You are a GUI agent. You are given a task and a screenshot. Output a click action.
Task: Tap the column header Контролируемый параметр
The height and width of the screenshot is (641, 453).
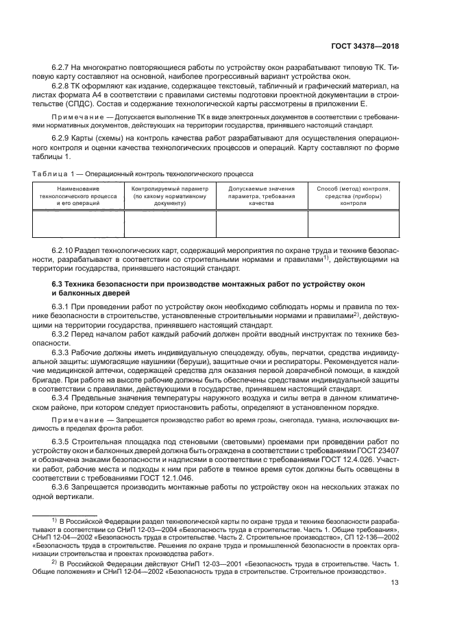(170, 195)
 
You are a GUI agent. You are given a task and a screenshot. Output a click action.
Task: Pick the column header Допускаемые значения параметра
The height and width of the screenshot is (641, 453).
(262, 195)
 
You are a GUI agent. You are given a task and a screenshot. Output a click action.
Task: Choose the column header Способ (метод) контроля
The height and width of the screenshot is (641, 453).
(353, 195)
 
